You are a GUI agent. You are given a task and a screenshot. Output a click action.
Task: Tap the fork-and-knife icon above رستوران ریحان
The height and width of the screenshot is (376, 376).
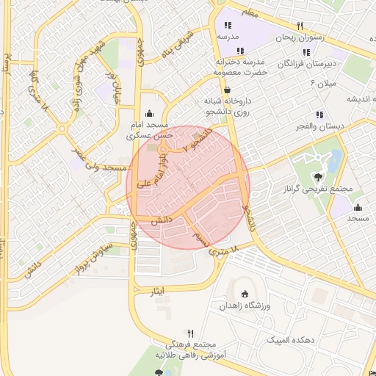click(x=300, y=26)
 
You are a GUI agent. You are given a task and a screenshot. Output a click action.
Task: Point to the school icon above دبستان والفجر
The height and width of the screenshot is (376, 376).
click(x=319, y=114)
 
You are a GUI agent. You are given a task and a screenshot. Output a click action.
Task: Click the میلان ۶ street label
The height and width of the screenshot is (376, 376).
click(x=323, y=83)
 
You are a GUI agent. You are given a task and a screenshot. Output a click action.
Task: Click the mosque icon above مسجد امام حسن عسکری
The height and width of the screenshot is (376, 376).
click(x=151, y=113)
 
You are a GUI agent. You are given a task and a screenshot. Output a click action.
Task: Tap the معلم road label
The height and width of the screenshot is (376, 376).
click(x=250, y=12)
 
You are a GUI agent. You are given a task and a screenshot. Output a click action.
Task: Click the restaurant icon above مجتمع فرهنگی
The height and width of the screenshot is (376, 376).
click(x=191, y=333)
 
